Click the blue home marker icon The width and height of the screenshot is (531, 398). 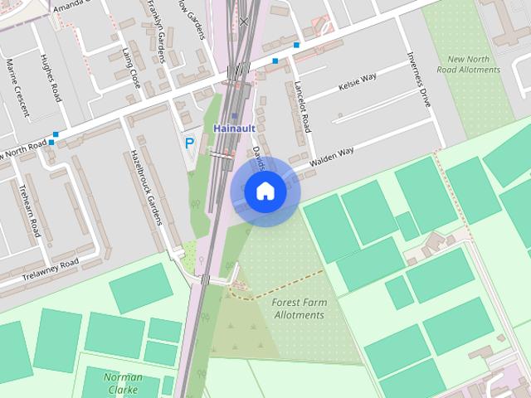pos(265,192)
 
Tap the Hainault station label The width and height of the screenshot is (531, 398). pos(233,129)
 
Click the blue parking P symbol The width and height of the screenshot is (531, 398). pos(189,143)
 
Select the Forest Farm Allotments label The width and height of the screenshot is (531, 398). pos(299,308)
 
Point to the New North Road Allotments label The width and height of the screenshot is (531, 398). pos(474,65)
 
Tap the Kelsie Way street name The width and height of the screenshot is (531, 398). pos(358,83)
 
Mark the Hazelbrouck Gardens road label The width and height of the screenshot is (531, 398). pos(144,187)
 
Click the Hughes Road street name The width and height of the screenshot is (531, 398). pos(51,79)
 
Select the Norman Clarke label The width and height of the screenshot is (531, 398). pos(123,382)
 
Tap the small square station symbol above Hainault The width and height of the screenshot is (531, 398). pos(235,116)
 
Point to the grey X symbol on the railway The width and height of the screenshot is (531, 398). pos(243,22)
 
